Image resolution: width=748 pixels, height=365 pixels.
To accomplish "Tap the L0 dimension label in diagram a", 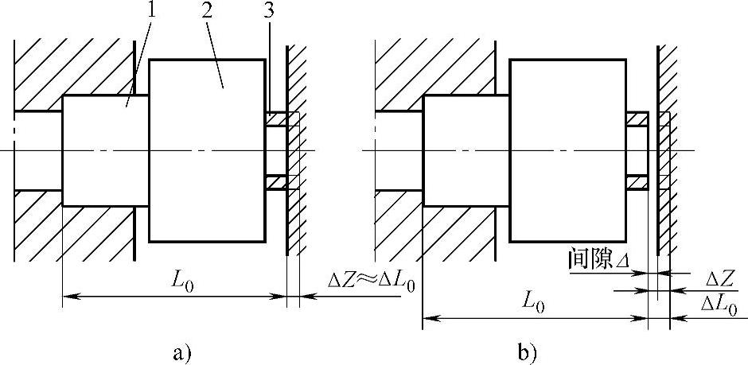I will (x=181, y=281).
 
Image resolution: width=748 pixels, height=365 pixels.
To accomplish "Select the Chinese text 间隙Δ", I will (x=596, y=259).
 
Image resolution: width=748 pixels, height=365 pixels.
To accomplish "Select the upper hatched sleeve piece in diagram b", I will (x=637, y=119).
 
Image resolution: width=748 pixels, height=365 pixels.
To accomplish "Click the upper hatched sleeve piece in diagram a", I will (x=277, y=119).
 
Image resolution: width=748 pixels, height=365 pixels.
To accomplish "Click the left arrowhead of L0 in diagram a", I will (x=67, y=296).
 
